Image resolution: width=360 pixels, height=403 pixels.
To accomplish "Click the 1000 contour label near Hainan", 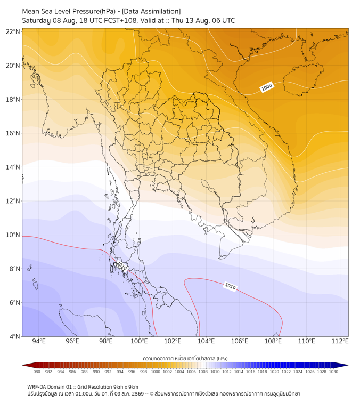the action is [x=266, y=87].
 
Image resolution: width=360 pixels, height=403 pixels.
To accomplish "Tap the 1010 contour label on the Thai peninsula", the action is [x=121, y=267].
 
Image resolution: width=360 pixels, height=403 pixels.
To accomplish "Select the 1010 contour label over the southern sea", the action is [x=230, y=286].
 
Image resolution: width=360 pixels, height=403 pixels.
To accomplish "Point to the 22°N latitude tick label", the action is [x=13, y=31].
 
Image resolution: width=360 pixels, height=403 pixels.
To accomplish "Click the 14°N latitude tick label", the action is [x=13, y=167].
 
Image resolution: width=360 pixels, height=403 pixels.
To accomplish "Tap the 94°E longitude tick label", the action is [x=39, y=341].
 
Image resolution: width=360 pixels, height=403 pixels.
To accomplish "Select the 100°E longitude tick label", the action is [x=139, y=341].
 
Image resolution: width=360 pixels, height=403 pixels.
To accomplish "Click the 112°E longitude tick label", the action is [x=340, y=341].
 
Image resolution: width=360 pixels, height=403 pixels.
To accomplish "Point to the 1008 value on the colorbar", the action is [x=203, y=372].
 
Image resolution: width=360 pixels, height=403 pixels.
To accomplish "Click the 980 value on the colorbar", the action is [x=37, y=372].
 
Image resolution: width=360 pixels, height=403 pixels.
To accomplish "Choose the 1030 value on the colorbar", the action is [x=333, y=372].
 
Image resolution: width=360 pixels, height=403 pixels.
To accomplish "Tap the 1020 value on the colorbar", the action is [x=274, y=372].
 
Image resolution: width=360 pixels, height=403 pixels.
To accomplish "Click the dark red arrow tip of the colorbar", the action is [x=23, y=365].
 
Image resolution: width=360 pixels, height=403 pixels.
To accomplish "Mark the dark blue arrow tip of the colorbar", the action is [x=348, y=365].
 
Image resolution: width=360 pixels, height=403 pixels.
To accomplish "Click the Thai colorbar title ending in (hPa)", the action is [x=185, y=358].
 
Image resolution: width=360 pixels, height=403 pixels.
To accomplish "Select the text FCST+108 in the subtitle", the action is [x=120, y=21].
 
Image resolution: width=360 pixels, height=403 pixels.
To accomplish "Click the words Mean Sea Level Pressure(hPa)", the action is [x=69, y=12].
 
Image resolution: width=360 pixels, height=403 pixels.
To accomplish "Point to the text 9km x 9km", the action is [x=126, y=387].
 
